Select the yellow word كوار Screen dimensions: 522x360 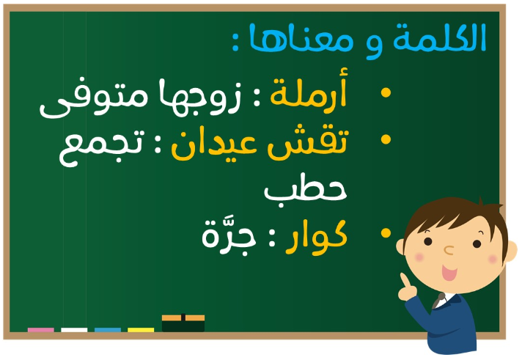click(x=316, y=236)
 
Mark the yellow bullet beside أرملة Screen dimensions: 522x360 click(x=386, y=92)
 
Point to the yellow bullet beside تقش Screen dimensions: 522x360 click(x=386, y=139)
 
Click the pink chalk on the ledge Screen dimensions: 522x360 click(x=40, y=330)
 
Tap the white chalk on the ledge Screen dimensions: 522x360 click(x=74, y=330)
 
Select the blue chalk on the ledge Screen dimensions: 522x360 click(x=108, y=330)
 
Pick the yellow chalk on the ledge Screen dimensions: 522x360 click(x=141, y=330)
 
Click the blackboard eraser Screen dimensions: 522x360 click(x=183, y=323)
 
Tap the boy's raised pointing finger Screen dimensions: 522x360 click(x=405, y=280)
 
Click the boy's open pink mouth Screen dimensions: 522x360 click(x=449, y=273)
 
